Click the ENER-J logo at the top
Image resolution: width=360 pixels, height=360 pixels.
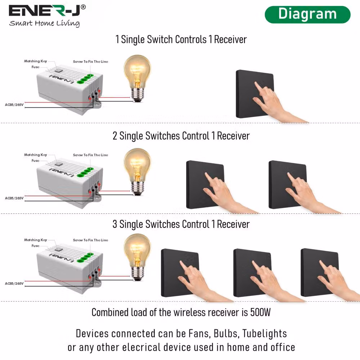tap(47, 11)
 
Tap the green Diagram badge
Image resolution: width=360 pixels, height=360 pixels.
tap(307, 14)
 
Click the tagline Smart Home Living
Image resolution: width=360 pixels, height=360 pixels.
tap(44, 23)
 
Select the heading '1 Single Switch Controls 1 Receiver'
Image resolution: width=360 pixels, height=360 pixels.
tap(181, 40)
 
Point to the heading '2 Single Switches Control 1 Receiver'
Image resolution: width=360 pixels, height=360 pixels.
tap(181, 136)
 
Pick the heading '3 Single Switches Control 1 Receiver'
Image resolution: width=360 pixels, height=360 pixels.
tap(181, 224)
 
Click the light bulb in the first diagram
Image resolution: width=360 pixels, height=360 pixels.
tap(137, 78)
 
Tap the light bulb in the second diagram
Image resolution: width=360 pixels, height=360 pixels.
tap(137, 172)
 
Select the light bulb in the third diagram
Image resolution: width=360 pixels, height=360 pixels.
tap(137, 257)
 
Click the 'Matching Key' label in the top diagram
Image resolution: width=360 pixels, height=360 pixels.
tap(36, 61)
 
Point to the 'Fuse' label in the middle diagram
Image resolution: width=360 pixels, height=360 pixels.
tap(35, 161)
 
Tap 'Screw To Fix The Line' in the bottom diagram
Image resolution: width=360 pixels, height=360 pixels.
tap(90, 240)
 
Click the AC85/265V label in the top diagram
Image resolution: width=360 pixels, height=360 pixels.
tap(14, 105)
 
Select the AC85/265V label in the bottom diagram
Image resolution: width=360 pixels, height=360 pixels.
tap(14, 284)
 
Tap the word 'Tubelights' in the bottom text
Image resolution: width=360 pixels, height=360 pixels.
tap(265, 334)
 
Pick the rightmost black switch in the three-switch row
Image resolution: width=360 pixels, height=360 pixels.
tap(320, 273)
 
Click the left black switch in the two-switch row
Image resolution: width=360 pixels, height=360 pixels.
tap(205, 185)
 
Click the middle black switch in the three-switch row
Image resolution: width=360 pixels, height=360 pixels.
tap(252, 273)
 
